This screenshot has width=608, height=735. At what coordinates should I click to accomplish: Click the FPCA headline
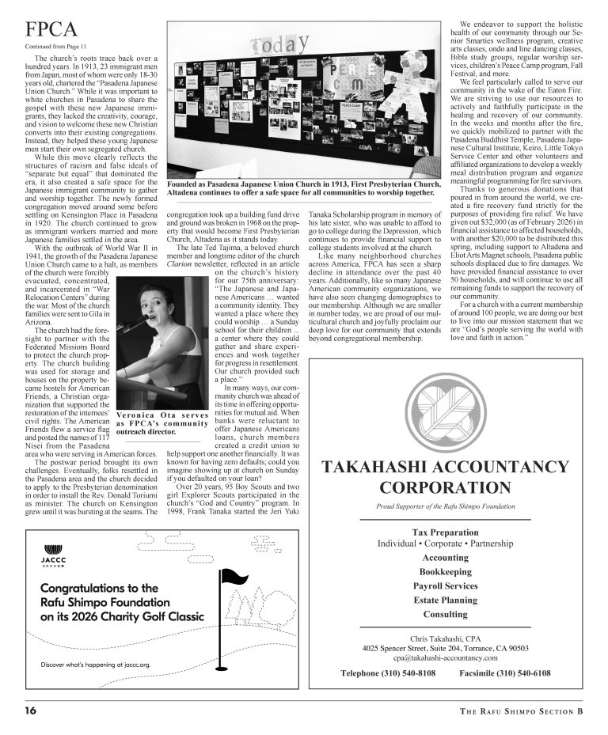tap(51, 30)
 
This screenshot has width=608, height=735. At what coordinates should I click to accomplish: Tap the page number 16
tap(30, 710)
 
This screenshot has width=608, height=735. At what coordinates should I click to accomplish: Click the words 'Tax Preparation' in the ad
tap(445, 532)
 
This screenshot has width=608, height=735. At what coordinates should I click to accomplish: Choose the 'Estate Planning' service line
tap(445, 600)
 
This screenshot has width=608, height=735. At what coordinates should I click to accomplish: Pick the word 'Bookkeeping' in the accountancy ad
tap(445, 571)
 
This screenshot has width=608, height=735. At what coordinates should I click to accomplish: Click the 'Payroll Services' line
tap(445, 585)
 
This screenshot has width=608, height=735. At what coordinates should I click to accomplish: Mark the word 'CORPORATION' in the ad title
tap(445, 486)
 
